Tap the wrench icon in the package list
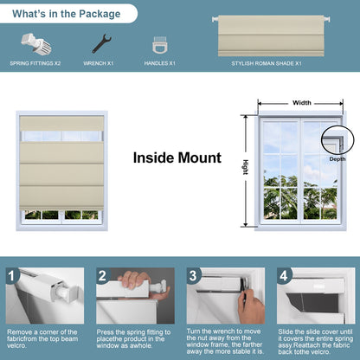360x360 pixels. [x=100, y=44]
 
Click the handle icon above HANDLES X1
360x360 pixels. [x=160, y=46]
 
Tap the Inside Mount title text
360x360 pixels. [x=177, y=158]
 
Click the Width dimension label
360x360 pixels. [x=302, y=102]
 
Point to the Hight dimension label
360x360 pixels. [x=245, y=169]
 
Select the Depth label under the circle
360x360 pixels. [x=337, y=159]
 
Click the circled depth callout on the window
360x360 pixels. [x=332, y=138]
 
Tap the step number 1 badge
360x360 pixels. [x=12, y=276]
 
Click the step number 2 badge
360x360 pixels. [x=102, y=276]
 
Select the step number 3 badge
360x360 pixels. [x=193, y=276]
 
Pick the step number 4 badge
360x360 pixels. [x=283, y=276]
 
